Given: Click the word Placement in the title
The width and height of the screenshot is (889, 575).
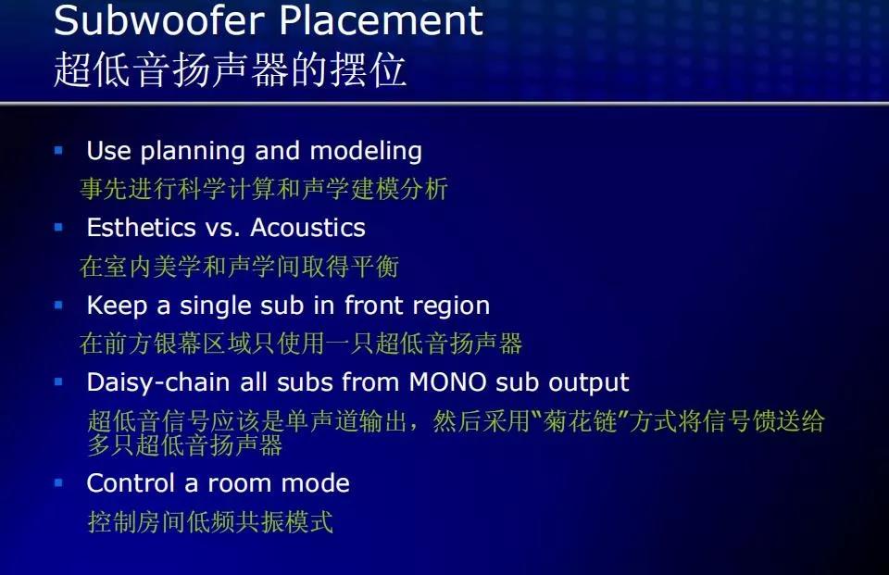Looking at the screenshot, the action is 381,20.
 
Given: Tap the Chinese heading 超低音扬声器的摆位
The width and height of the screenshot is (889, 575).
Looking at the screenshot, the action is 230,69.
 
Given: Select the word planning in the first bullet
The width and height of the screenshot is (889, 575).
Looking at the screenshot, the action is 193,152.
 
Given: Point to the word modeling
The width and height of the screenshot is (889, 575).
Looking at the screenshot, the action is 366,152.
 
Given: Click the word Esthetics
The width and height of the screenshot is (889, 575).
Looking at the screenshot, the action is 141,228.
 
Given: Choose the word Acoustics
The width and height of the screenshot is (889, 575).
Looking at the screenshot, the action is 307,228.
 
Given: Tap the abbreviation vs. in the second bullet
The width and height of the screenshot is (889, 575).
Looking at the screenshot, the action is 222,229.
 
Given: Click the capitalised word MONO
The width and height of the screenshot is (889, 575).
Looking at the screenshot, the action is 447,382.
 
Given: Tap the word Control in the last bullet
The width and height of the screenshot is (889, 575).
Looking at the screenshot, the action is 131,483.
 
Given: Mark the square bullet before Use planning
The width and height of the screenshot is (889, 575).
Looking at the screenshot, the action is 58,150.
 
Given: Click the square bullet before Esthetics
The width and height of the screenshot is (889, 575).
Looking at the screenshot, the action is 58,228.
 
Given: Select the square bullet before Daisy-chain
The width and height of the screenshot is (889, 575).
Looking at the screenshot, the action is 58,382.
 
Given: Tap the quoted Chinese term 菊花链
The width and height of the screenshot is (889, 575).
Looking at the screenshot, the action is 580,421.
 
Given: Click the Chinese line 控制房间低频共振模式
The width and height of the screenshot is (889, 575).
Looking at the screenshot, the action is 210,521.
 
